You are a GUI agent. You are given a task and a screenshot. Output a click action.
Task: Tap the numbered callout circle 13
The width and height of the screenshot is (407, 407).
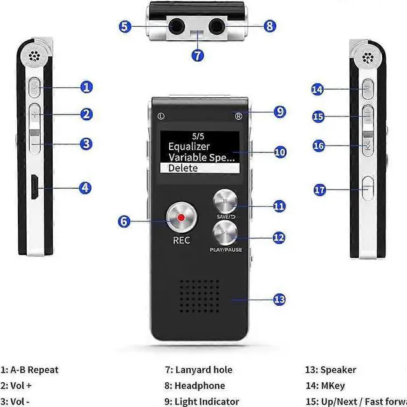click(x=279, y=300)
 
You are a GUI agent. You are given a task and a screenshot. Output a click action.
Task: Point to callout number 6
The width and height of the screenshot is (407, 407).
click(x=125, y=222)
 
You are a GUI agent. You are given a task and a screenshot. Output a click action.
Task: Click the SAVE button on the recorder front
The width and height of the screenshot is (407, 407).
click(x=228, y=203)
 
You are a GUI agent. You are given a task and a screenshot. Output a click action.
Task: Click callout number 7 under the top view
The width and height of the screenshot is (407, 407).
click(x=198, y=55)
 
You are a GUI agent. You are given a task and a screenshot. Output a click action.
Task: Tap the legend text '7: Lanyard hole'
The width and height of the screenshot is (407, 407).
click(x=198, y=369)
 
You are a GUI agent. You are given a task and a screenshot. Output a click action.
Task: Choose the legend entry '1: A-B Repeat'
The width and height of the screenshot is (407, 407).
click(x=30, y=369)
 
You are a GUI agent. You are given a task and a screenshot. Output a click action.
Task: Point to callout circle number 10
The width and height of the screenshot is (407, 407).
click(x=280, y=152)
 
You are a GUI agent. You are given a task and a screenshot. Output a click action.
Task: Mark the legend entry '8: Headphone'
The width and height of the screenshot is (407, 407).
click(x=195, y=385)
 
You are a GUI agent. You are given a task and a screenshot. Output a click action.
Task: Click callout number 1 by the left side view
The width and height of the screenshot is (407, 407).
click(x=86, y=87)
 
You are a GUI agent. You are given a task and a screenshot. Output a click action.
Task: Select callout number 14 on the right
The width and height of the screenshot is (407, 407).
click(x=318, y=90)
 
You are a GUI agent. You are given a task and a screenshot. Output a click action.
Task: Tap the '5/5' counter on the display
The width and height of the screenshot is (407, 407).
click(x=198, y=135)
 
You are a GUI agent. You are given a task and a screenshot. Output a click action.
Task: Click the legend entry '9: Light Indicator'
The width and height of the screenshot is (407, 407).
click(x=202, y=401)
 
